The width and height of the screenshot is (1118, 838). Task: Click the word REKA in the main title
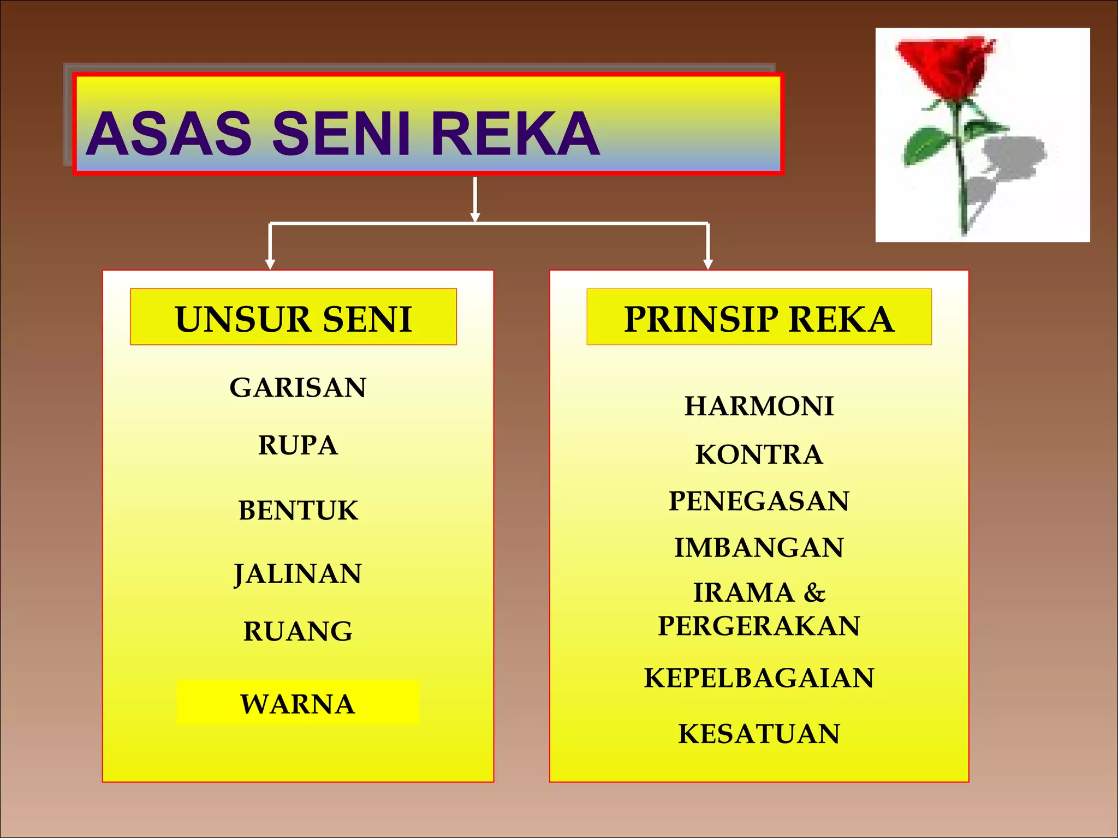click(515, 134)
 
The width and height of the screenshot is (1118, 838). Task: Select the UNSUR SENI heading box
click(293, 318)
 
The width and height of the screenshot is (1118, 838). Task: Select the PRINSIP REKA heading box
click(759, 318)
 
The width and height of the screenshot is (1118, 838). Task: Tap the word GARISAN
click(298, 388)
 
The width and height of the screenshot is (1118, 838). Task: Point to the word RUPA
click(298, 445)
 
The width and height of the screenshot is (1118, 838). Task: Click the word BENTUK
click(298, 511)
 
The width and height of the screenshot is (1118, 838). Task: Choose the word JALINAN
click(298, 574)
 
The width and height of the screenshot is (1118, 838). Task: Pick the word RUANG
click(298, 632)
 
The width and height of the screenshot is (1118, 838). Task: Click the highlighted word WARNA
click(298, 704)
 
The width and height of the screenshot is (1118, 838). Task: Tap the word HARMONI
click(759, 406)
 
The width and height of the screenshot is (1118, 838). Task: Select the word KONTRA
click(759, 454)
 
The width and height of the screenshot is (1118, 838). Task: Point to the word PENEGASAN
click(759, 501)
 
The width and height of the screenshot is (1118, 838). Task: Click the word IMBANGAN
click(759, 548)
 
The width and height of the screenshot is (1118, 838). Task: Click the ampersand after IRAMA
click(814, 592)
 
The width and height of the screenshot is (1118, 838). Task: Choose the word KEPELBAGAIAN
click(759, 678)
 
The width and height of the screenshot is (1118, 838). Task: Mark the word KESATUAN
click(759, 734)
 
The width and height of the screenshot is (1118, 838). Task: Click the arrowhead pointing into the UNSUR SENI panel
click(270, 264)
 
